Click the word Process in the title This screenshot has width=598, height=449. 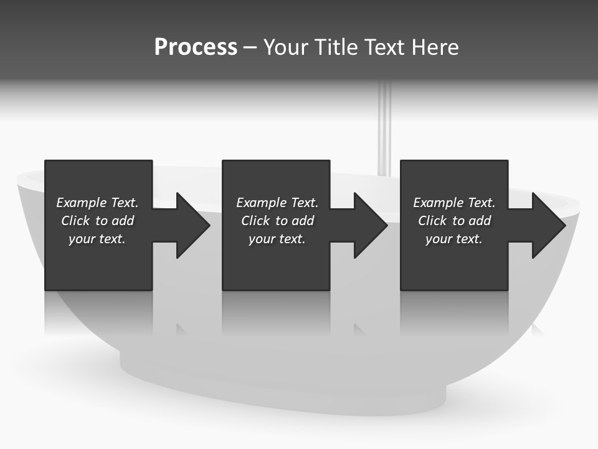point(196,47)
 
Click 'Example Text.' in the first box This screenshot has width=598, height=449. point(97,203)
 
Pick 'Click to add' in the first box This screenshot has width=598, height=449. point(97,221)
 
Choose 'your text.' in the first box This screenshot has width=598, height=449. point(97,239)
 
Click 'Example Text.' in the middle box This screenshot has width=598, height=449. point(277,203)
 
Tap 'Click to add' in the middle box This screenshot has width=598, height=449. point(277,221)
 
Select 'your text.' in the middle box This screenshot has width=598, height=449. point(277,239)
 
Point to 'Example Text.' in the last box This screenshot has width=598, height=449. point(454,203)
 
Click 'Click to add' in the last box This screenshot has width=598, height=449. point(454,221)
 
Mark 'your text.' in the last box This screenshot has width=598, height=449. point(454,239)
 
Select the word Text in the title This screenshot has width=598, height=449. point(384,47)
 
